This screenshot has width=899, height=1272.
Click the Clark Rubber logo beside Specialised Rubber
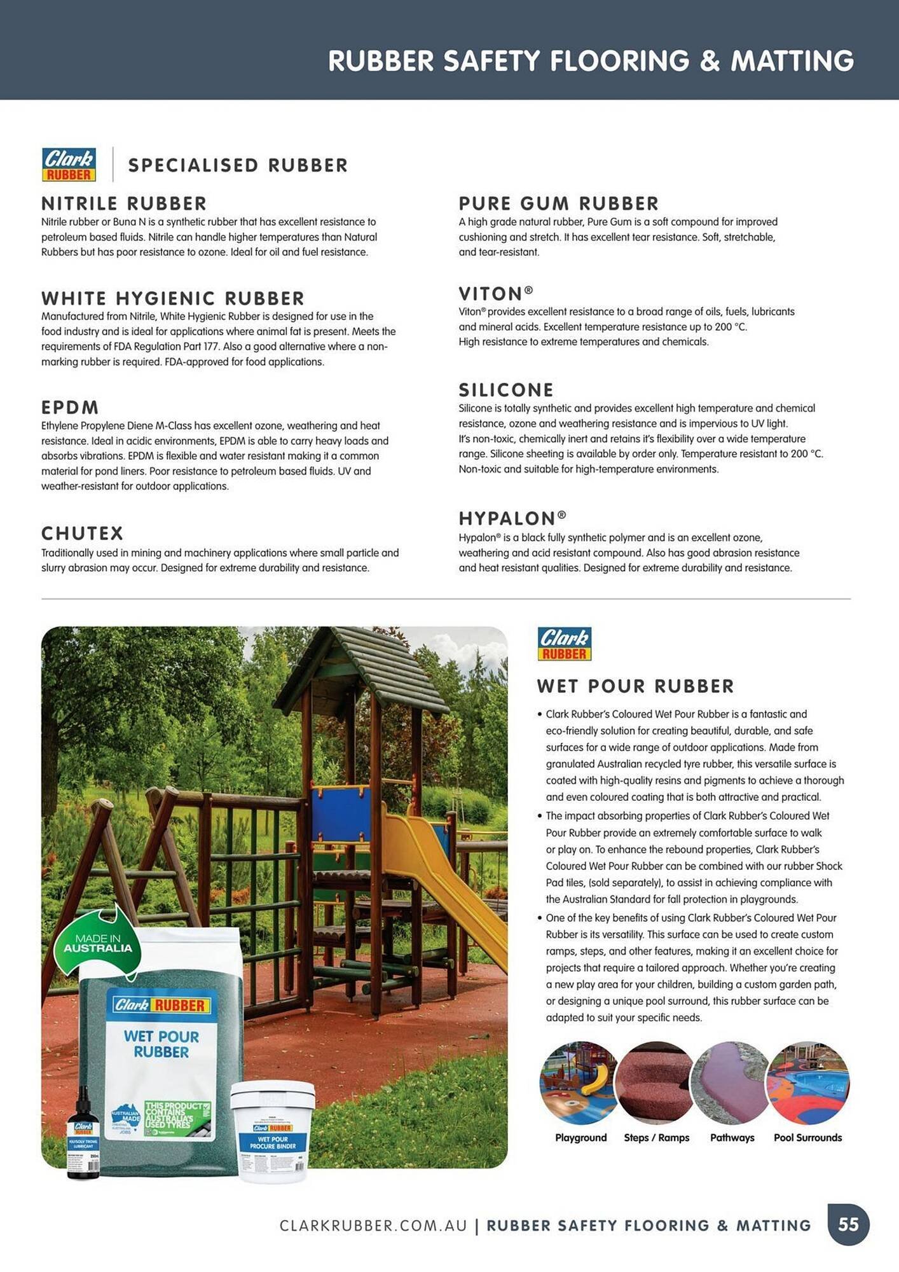(69, 164)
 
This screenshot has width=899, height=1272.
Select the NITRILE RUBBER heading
(124, 204)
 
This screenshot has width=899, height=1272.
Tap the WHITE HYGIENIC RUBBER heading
(173, 298)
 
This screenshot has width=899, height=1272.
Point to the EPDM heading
(70, 407)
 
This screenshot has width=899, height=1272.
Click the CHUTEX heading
(83, 533)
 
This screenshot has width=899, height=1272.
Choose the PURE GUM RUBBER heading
(559, 204)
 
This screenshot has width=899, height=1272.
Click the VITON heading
(495, 294)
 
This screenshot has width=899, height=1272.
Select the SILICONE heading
(506, 390)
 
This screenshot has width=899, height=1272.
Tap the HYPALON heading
(512, 518)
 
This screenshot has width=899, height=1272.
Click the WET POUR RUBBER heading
(635, 686)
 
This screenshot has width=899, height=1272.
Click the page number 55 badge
(848, 1224)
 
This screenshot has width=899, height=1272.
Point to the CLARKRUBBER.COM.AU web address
(373, 1226)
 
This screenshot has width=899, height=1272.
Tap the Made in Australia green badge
(98, 943)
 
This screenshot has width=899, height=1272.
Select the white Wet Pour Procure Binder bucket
(273, 1132)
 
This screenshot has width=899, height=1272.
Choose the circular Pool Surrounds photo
(807, 1082)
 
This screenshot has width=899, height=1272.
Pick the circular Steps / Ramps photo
(656, 1082)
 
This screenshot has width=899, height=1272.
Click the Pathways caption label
(732, 1138)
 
